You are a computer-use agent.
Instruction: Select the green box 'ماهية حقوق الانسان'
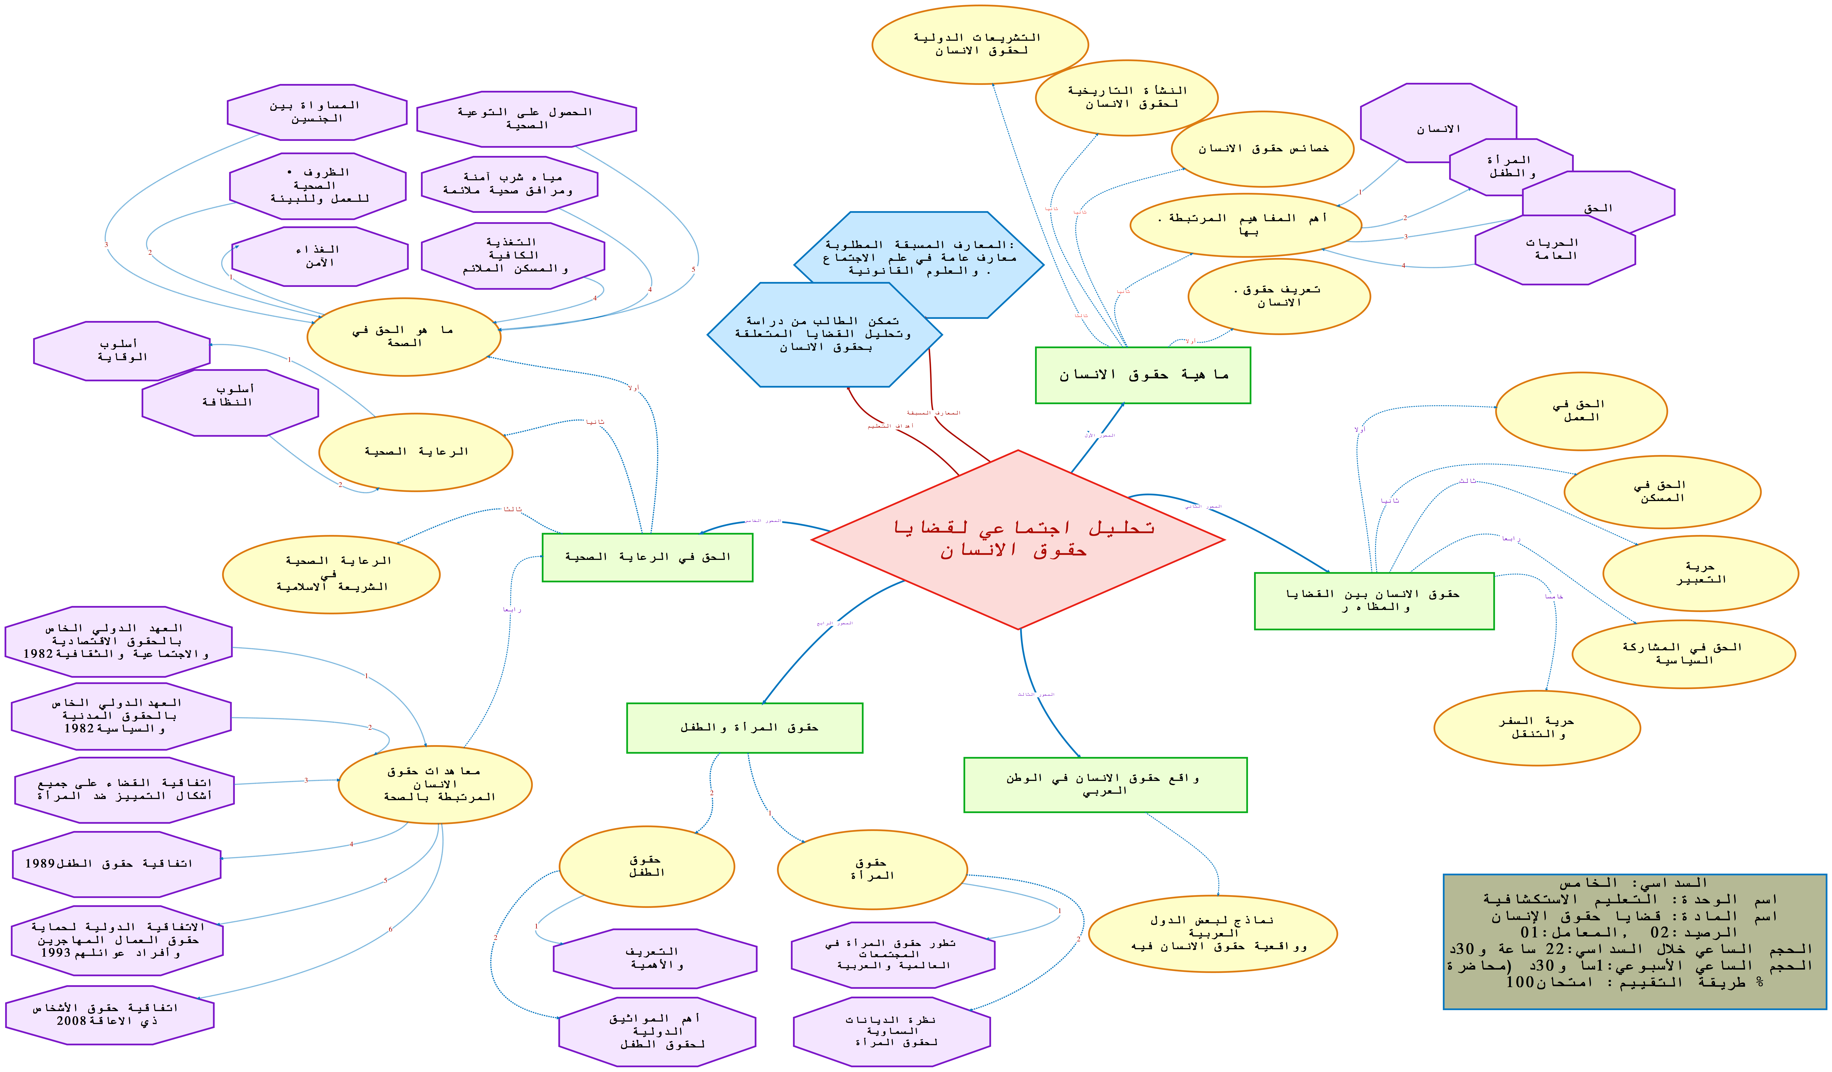point(1143,374)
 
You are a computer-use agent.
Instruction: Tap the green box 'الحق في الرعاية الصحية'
point(647,557)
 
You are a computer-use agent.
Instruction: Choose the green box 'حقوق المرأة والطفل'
point(744,727)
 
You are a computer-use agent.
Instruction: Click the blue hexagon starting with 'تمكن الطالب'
point(824,334)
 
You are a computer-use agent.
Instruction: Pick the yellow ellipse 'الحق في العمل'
point(1581,411)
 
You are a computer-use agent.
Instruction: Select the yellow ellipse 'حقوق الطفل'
point(646,866)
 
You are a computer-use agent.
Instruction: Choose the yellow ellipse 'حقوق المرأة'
point(872,869)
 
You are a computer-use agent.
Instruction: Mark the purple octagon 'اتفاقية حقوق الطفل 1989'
point(116,864)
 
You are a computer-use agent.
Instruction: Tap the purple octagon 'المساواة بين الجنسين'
point(317,112)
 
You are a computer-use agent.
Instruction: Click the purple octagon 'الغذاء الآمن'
point(320,256)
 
